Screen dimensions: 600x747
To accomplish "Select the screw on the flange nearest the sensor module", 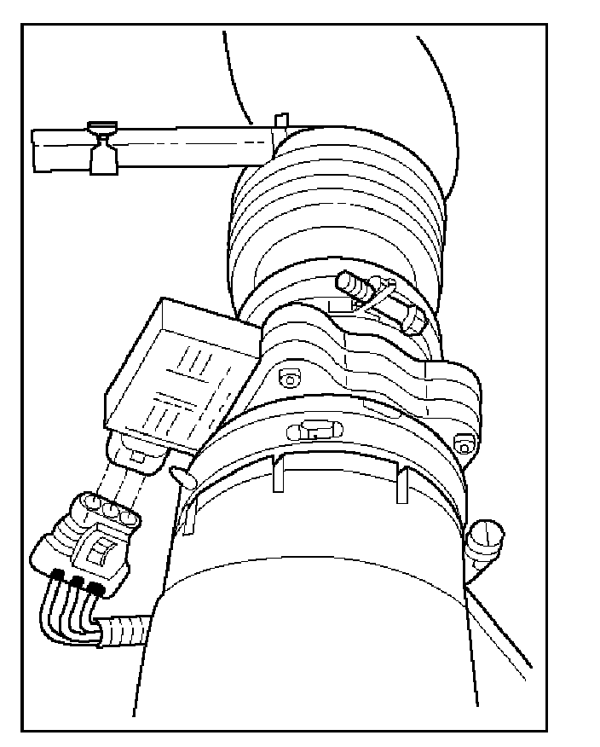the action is [287, 377].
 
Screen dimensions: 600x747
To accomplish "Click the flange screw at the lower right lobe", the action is [464, 441].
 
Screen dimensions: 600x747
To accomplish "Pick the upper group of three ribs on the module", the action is [199, 357].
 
